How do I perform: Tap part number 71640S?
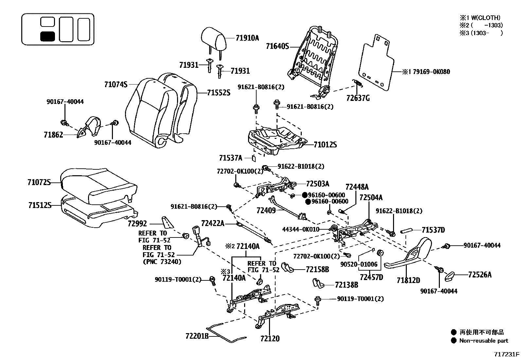(x=277, y=47)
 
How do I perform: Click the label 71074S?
(x=116, y=85)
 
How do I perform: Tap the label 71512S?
(x=40, y=205)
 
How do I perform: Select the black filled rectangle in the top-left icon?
(x=47, y=36)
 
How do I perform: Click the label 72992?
(x=137, y=224)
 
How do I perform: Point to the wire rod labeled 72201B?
(x=226, y=333)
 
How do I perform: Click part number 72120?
(x=270, y=338)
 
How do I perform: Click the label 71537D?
(x=433, y=230)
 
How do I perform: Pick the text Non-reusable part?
(x=483, y=341)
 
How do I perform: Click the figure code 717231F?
(x=507, y=354)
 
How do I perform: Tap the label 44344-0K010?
(x=301, y=229)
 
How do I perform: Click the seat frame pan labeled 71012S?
(x=275, y=139)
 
